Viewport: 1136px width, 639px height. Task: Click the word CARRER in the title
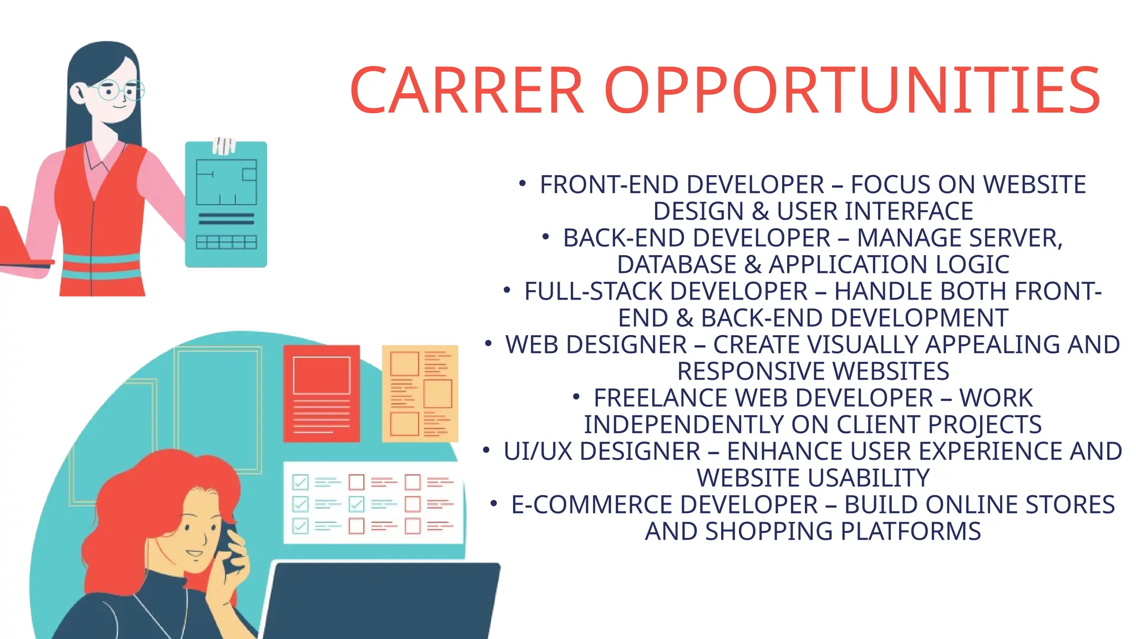point(467,90)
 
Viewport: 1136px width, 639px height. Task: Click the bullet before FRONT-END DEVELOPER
point(522,183)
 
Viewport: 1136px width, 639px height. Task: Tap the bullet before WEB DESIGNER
point(488,343)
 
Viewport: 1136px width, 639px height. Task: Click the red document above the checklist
point(321,393)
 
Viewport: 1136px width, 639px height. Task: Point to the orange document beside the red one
point(420,393)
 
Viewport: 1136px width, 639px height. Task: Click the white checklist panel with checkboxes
point(373,503)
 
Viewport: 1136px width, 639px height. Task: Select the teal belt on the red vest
point(100,266)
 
